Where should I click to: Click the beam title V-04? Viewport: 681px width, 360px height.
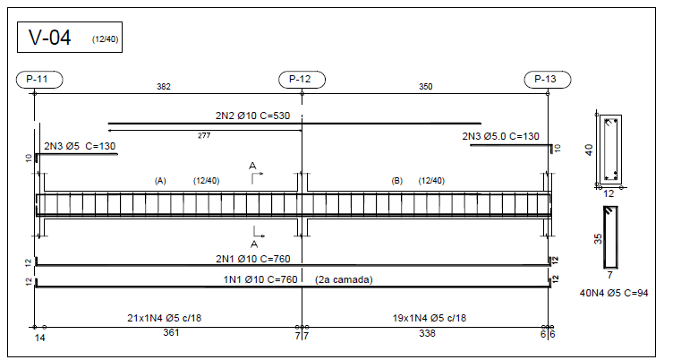coord(49,38)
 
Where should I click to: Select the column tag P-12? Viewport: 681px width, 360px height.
coord(302,80)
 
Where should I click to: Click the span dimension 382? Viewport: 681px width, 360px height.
coord(164,87)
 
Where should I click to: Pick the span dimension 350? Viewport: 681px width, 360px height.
coord(426,87)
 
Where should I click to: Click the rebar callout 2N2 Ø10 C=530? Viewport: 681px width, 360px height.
coord(252,116)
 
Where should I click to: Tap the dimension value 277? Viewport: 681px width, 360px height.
coord(204,135)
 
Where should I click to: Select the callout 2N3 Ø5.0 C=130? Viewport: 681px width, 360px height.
coord(501,136)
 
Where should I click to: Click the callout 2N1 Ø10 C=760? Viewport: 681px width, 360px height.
coord(252,259)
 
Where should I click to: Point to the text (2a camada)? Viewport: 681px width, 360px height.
coord(344,279)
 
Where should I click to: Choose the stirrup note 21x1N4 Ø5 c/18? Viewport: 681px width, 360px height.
coord(164,318)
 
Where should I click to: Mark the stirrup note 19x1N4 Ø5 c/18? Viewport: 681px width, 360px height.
coord(430,318)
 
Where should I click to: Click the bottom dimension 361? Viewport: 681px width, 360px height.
coord(171,332)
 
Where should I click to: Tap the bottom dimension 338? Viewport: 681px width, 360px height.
coord(428,333)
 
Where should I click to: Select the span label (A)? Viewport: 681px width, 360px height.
coord(160,181)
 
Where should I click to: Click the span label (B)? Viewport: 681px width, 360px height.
coord(397,181)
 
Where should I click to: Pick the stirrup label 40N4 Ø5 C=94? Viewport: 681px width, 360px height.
coord(614,293)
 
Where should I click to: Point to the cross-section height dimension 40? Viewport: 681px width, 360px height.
coord(589,150)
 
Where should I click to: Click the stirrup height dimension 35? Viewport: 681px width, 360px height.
coord(598,239)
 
